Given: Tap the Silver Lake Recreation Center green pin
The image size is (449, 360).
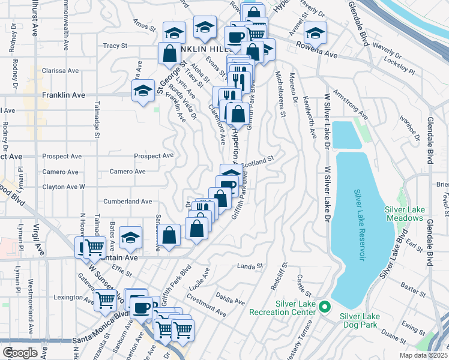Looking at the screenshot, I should (x=324, y=307).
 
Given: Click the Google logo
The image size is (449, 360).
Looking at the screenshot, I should (x=20, y=353).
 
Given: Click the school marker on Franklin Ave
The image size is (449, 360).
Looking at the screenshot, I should (x=143, y=91).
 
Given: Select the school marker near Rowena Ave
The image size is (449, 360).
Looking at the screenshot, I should (x=315, y=32).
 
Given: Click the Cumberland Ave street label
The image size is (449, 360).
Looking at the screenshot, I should (x=128, y=202).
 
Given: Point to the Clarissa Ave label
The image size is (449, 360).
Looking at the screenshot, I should (x=61, y=70).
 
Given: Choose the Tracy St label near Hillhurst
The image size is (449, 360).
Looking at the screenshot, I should (x=116, y=45).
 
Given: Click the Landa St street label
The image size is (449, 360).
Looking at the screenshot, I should (x=250, y=265).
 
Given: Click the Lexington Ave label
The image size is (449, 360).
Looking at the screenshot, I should (x=74, y=298).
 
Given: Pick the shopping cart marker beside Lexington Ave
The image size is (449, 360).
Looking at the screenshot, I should (x=106, y=299).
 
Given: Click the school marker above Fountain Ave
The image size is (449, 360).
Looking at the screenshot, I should (x=130, y=238).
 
